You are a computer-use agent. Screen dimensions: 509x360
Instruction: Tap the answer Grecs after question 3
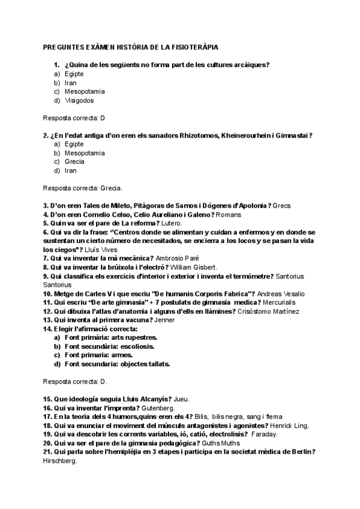point(281,205)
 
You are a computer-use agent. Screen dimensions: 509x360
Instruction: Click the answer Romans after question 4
point(229,214)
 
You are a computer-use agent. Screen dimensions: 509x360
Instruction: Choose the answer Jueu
point(181,399)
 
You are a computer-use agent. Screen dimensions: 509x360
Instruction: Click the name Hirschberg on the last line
point(61,460)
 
